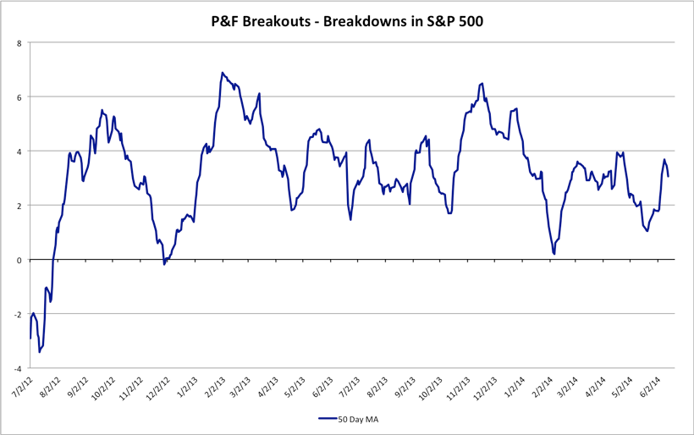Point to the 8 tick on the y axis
(19, 42)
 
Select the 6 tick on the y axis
(19, 96)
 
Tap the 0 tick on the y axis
(19, 260)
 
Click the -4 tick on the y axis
(18, 368)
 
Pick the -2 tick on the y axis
(18, 314)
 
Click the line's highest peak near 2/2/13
(222, 73)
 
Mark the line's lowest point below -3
(40, 352)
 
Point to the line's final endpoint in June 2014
(669, 176)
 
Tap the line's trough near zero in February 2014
(554, 253)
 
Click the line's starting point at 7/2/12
(30, 339)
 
